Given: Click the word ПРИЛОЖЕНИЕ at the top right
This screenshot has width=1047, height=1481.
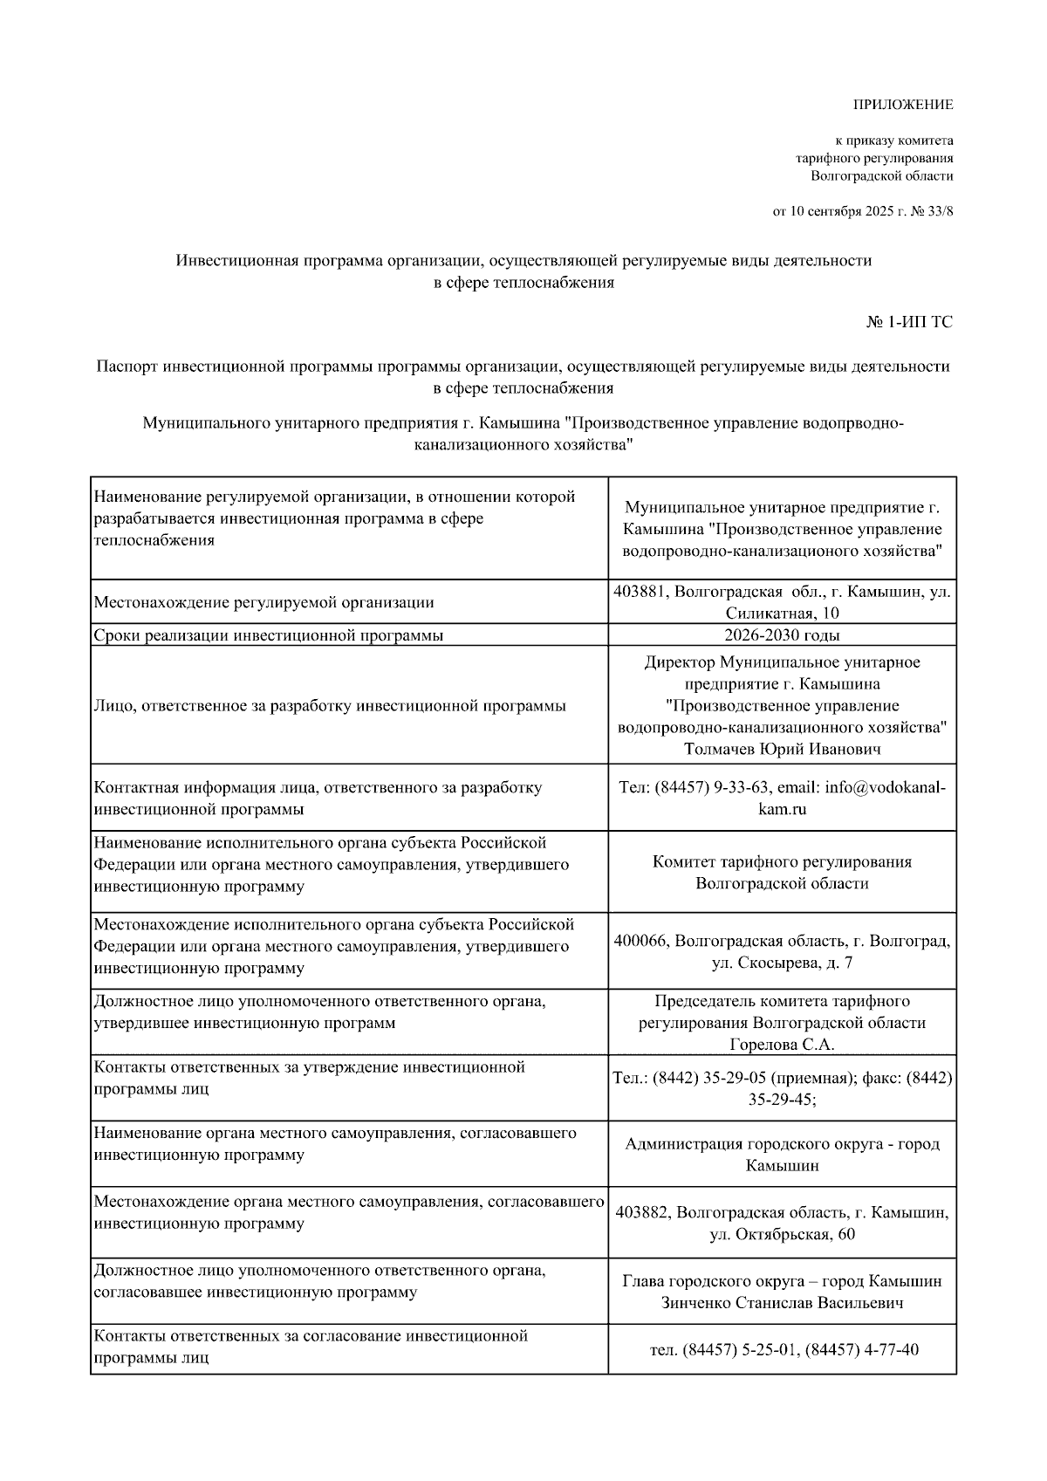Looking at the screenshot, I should click(x=902, y=105).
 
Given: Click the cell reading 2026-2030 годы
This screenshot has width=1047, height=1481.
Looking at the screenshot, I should click(x=782, y=635).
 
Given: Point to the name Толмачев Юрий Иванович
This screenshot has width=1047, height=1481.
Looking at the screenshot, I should click(x=782, y=749).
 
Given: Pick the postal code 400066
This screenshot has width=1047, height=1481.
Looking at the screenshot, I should click(x=641, y=942).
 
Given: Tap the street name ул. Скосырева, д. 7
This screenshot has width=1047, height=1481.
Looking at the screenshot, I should click(x=782, y=963).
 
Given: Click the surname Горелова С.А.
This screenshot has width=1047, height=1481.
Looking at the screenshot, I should click(x=782, y=1045).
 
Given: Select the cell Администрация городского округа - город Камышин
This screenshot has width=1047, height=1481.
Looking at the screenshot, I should click(x=782, y=1155).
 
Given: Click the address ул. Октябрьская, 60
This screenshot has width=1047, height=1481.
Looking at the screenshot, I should click(x=782, y=1234).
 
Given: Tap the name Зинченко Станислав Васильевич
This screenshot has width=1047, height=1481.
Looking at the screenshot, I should click(x=782, y=1303).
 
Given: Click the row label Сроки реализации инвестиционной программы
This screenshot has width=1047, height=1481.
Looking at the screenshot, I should click(x=269, y=635).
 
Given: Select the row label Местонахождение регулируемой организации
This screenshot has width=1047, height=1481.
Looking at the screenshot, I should click(x=263, y=602).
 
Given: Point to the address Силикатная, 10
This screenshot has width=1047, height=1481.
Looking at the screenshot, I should click(x=782, y=614).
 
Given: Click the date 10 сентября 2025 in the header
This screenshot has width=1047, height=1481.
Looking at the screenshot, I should click(x=840, y=211).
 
